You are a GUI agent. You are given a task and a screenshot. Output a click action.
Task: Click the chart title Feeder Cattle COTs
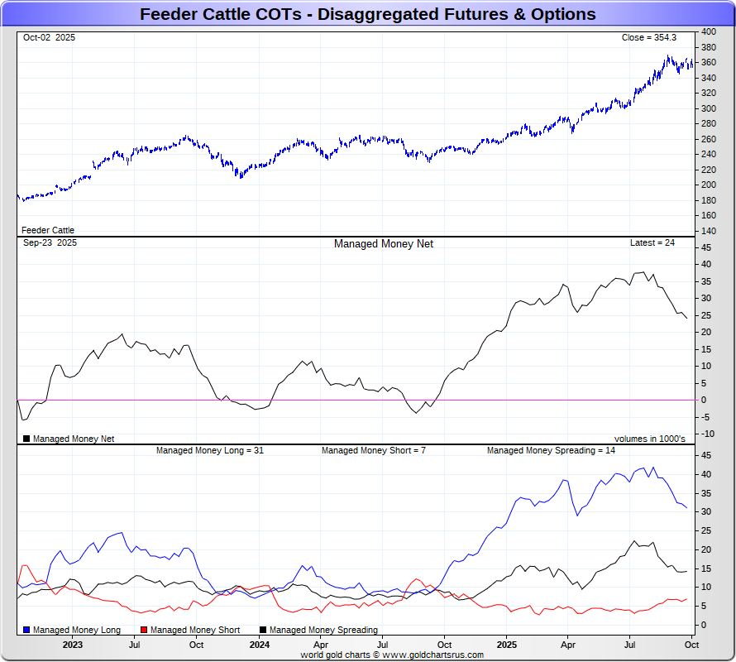367,14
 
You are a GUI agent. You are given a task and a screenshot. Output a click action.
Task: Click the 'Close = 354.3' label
648,37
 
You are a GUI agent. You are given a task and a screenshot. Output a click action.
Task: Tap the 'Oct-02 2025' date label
49,37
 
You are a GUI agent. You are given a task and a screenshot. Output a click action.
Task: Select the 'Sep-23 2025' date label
50,243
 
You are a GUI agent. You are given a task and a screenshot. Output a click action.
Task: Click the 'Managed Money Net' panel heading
383,244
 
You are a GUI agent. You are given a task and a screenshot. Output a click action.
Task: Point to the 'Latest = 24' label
652,243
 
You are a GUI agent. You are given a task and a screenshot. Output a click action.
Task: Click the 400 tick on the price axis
709,31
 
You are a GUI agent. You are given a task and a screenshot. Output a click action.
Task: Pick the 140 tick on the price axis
709,231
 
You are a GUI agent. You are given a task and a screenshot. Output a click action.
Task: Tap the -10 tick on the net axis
708,434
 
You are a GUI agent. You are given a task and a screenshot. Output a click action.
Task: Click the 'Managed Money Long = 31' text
209,450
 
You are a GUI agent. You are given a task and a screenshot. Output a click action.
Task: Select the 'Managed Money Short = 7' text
373,450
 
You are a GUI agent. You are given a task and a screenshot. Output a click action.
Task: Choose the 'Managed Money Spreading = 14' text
550,450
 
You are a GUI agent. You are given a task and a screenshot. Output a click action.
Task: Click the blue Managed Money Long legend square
26,630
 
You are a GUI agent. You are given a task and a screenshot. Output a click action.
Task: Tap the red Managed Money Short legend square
144,630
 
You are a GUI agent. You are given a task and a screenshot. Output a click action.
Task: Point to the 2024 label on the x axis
259,645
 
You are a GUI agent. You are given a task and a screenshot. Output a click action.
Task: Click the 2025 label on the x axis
507,645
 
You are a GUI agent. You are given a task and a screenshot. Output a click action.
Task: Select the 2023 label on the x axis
72,645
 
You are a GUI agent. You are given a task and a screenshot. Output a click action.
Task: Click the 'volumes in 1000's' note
649,439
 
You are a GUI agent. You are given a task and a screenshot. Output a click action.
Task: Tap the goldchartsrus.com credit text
392,655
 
